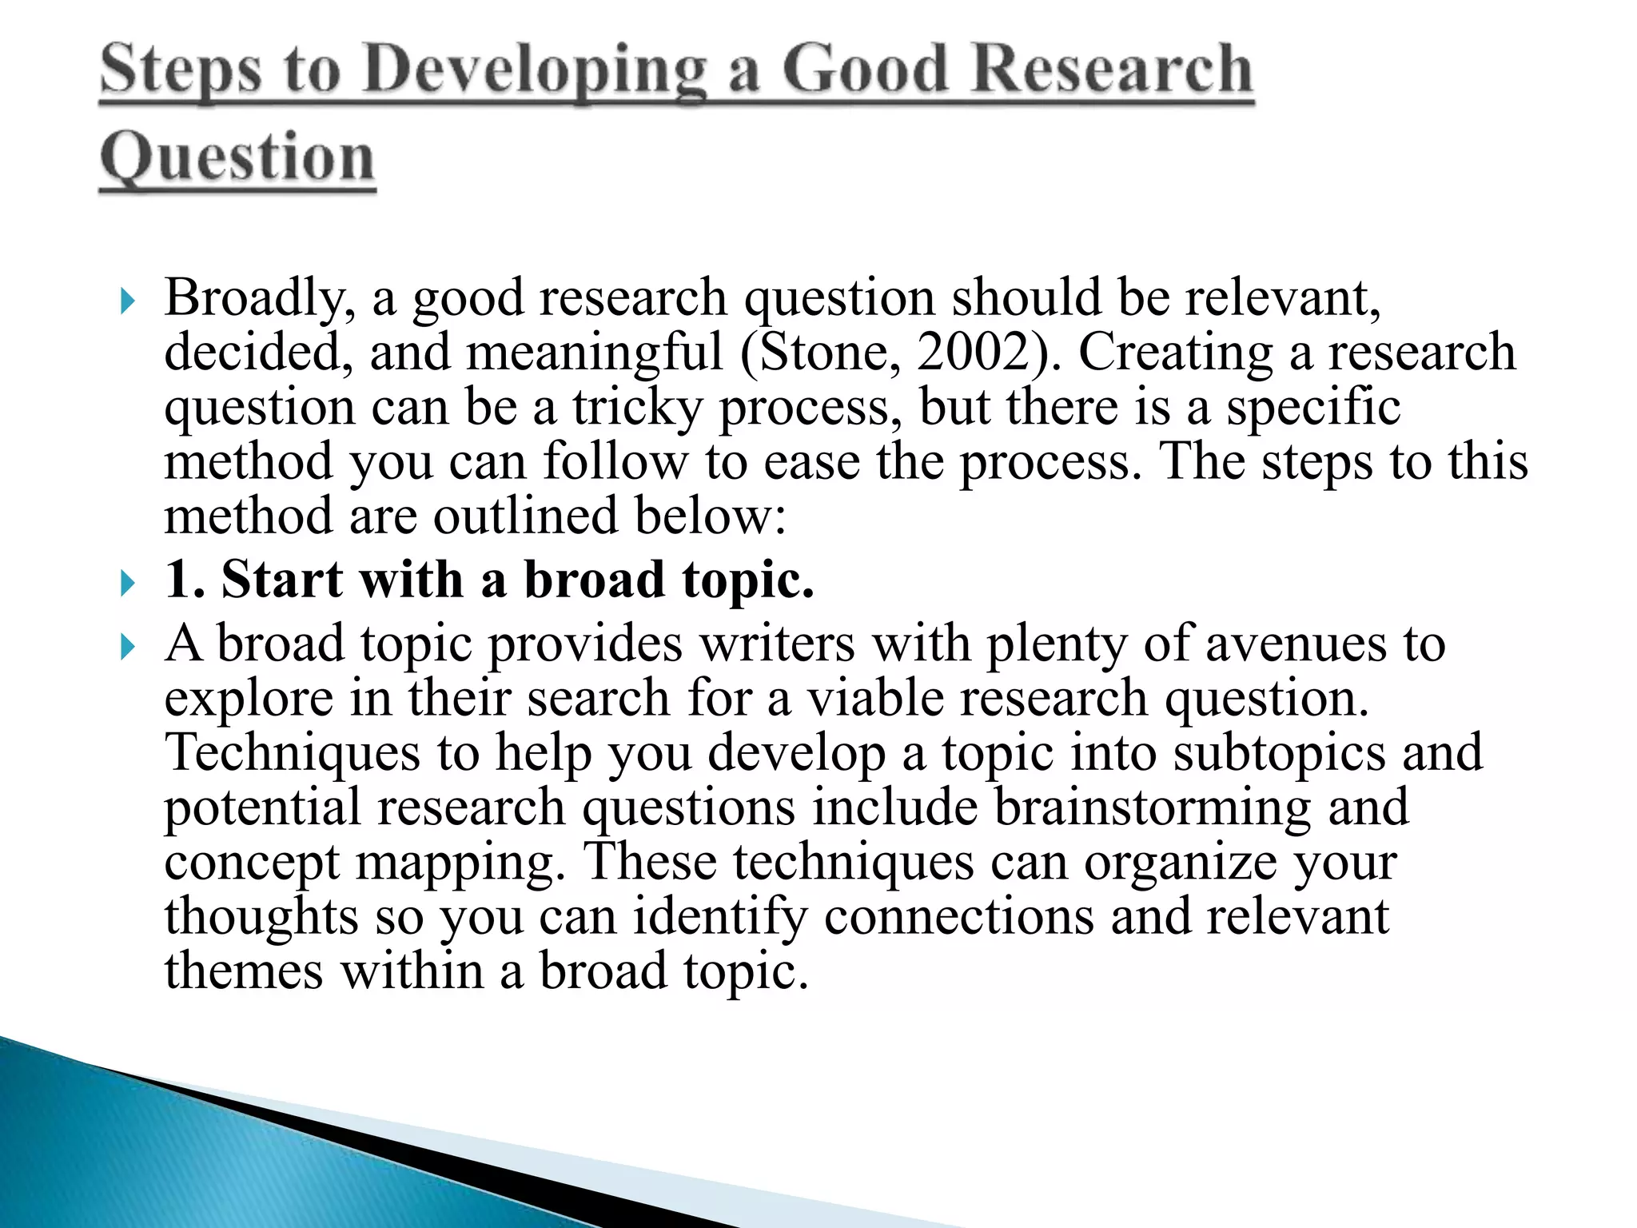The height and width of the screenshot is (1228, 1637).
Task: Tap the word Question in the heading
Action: [237, 157]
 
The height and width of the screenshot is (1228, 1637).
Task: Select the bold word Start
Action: [282, 579]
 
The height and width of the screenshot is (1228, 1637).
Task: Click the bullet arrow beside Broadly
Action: [126, 302]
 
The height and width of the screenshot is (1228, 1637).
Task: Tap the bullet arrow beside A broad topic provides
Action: [126, 647]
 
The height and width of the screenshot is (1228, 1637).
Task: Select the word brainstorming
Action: [1152, 808]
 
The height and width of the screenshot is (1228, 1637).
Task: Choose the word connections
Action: [958, 918]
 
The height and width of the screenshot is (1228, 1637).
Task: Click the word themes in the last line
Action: [244, 972]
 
